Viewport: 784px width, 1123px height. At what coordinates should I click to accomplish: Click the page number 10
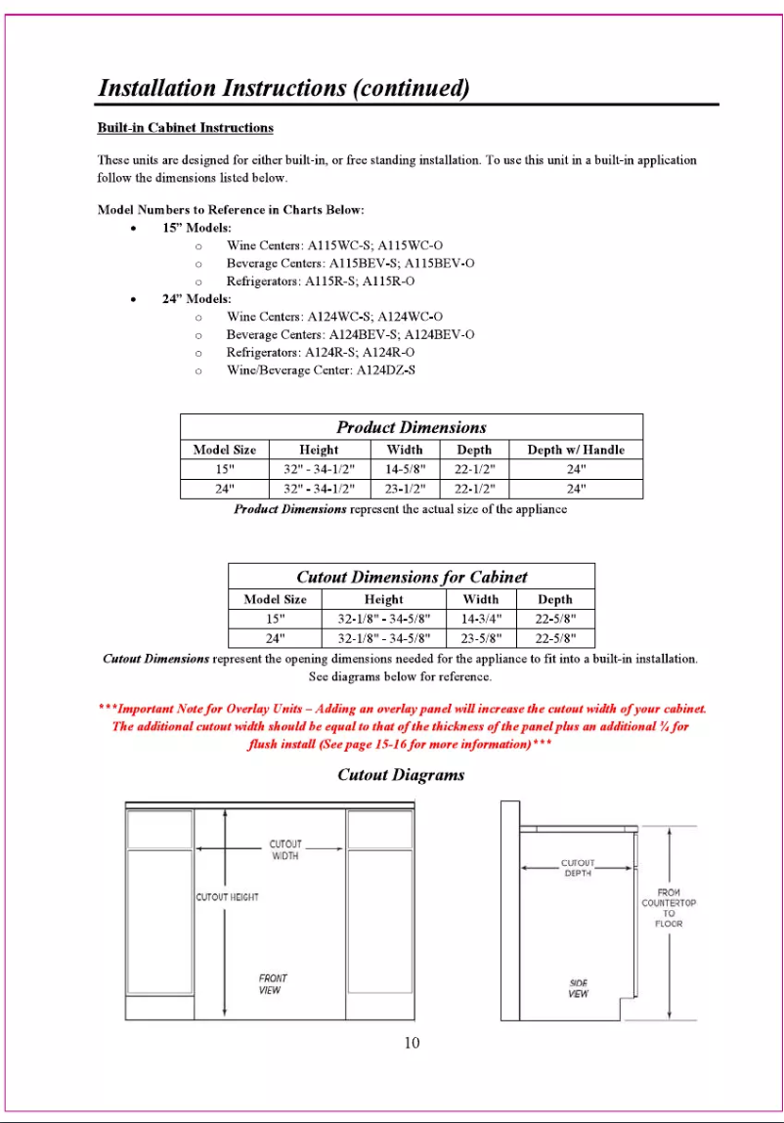point(412,1043)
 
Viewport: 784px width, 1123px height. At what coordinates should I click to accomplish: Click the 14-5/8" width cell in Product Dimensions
point(405,468)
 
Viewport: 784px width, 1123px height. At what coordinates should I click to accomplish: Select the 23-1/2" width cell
point(405,489)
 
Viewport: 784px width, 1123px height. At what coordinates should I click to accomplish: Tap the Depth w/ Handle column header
point(575,450)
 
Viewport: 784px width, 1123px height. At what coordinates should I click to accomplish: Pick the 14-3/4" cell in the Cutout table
point(480,619)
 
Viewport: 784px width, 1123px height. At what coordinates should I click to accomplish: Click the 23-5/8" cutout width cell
point(480,639)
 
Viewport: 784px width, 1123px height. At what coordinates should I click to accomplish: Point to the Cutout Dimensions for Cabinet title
point(412,577)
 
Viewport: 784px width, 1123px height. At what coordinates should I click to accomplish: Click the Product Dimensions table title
point(412,427)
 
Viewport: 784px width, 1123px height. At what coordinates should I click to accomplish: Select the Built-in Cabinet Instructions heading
point(185,128)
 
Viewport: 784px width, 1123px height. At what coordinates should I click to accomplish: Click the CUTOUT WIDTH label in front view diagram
point(285,849)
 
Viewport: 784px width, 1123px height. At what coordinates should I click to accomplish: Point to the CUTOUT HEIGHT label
point(228,897)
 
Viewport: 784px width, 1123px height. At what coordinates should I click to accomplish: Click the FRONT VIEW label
point(273,983)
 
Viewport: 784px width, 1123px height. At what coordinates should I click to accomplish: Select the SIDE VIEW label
point(579,988)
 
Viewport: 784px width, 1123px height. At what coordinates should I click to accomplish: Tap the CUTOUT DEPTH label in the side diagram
point(578,868)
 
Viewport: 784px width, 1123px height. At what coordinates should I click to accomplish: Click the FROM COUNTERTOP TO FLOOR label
point(669,908)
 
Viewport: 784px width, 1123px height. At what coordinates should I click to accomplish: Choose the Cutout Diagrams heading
point(401,775)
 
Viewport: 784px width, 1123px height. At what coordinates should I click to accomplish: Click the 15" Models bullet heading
point(196,228)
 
